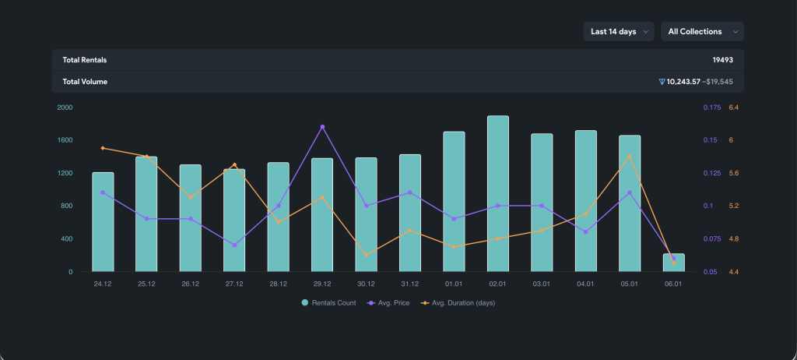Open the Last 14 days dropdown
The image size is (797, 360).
point(619,32)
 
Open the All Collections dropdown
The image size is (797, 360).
point(702,32)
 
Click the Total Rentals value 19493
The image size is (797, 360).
point(722,60)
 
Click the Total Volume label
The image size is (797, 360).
point(85,82)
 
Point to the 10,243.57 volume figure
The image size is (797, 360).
point(683,82)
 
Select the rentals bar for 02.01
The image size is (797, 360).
point(498,193)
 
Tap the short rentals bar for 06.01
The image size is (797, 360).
point(673,263)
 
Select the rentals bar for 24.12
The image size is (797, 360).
point(103,222)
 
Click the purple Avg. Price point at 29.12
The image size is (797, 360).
point(322,127)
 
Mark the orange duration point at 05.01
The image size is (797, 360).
point(630,157)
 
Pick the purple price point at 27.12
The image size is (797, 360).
point(234,245)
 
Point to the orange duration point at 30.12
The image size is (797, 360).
point(367,255)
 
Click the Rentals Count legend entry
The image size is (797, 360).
point(329,303)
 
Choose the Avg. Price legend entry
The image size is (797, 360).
point(388,303)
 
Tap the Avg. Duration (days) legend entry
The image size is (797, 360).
point(458,303)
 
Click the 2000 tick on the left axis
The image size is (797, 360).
point(65,108)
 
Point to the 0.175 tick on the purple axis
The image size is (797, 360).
point(711,108)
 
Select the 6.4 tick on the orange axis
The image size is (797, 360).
point(733,108)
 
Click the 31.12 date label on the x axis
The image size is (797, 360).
point(409,284)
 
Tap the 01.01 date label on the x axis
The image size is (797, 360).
point(454,284)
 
